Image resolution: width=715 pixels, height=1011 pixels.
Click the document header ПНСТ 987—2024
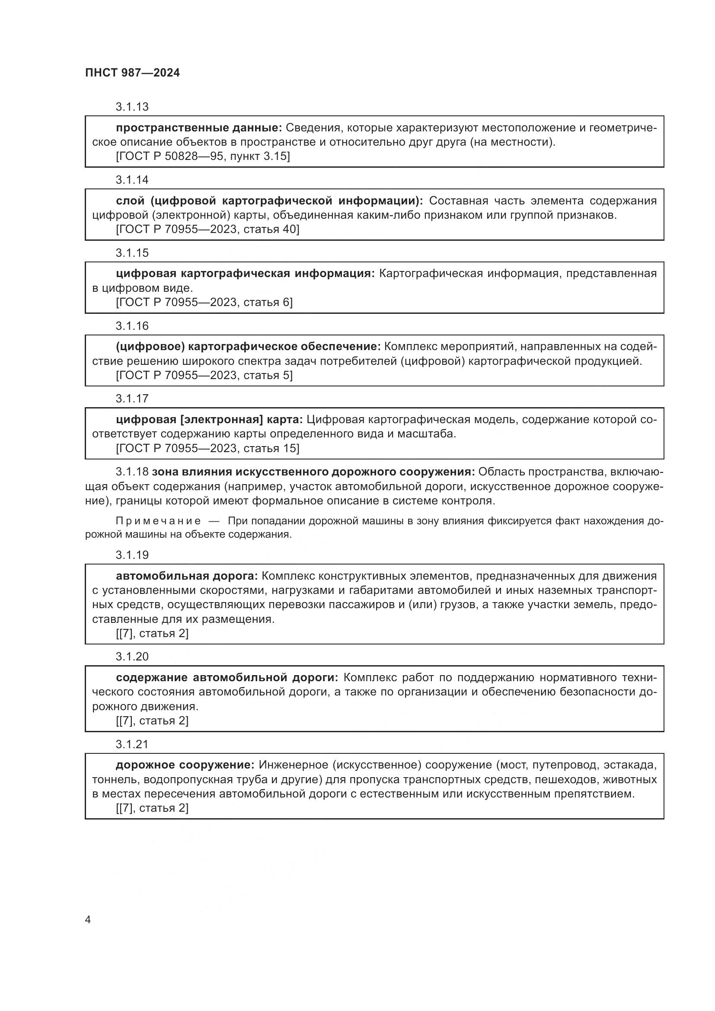tap(133, 73)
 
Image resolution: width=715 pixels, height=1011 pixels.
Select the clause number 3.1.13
tap(132, 107)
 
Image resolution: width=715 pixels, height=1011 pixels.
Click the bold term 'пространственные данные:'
tap(198, 128)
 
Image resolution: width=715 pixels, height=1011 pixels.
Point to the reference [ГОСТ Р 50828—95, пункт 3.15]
tap(202, 156)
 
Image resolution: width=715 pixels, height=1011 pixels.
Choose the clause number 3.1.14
tap(132, 180)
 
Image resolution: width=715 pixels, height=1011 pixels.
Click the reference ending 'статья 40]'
tap(207, 230)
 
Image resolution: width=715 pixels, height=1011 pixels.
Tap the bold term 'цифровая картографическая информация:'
tap(245, 274)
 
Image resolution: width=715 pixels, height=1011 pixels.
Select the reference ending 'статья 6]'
tap(204, 303)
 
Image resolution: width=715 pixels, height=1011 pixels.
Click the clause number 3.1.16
tap(132, 326)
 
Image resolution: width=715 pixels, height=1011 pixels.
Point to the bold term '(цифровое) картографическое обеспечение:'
tap(248, 347)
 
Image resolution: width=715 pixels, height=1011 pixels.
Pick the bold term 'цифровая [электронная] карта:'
tap(209, 420)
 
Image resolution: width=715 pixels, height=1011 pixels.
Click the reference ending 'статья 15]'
tap(207, 448)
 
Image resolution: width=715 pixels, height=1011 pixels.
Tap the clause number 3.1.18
tap(132, 472)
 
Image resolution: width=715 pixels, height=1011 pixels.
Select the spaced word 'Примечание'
tap(158, 521)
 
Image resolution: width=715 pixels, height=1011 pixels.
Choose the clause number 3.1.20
tap(132, 657)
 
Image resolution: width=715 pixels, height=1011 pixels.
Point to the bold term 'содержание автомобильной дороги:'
tap(227, 678)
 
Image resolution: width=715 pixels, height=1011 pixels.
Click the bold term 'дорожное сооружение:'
tap(185, 765)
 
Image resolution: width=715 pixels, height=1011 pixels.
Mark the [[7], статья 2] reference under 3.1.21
tap(152, 808)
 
